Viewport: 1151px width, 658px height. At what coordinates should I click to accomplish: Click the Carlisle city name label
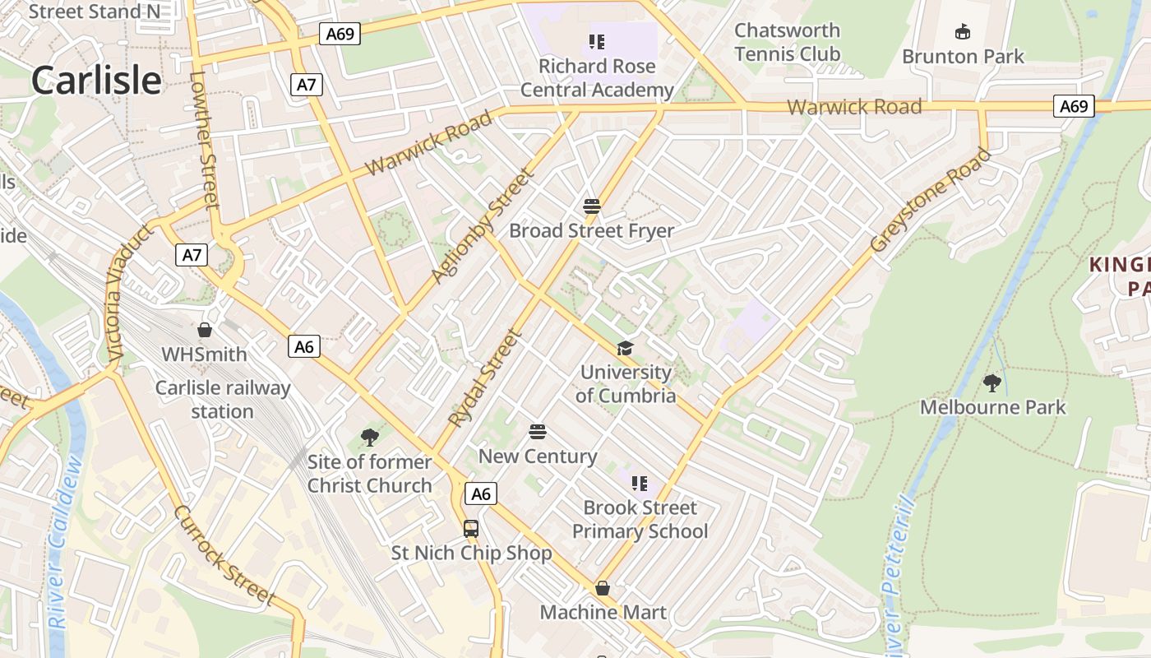click(96, 81)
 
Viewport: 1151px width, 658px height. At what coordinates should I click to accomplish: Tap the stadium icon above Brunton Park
click(962, 32)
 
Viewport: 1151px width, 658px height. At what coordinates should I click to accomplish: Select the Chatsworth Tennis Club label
click(787, 42)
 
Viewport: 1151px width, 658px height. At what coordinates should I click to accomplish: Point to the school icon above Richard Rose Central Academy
click(597, 41)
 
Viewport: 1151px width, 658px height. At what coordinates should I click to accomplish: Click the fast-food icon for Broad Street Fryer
click(592, 206)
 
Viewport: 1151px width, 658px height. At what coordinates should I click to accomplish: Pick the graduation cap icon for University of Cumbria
click(626, 348)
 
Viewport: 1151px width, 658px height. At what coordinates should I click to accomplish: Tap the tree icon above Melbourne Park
click(992, 382)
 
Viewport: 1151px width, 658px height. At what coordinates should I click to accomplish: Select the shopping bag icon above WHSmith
click(205, 330)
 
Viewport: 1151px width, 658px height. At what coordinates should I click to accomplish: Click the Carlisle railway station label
click(223, 400)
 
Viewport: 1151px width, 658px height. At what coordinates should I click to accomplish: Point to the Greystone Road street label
click(931, 200)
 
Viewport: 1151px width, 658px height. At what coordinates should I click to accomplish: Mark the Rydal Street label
click(485, 378)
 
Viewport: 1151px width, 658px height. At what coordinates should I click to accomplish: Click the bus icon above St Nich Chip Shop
click(471, 528)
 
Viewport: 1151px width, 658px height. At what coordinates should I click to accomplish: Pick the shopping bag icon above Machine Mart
click(603, 588)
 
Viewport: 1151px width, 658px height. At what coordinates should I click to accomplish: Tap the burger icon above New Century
click(538, 432)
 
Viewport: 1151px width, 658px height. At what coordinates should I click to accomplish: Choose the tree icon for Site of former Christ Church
click(370, 438)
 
